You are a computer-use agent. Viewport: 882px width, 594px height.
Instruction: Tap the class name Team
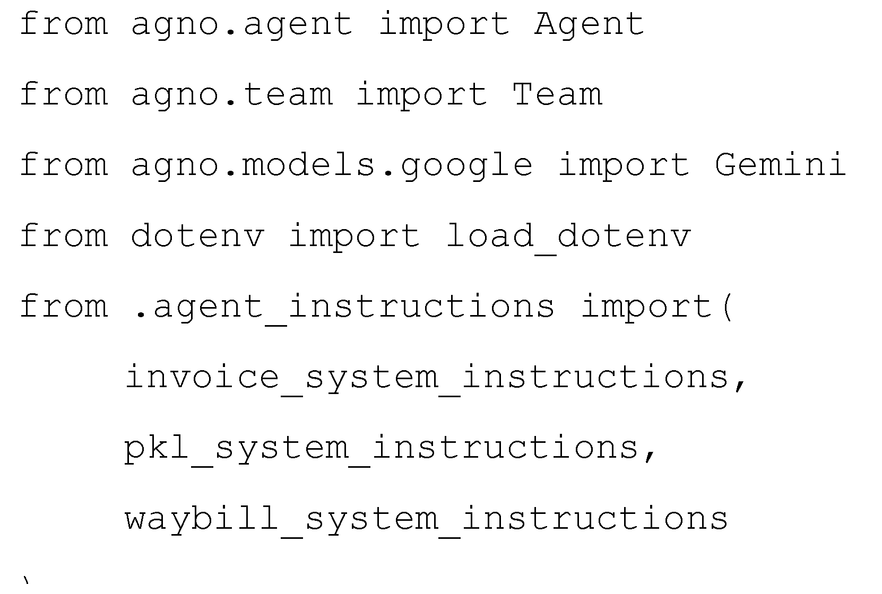click(x=557, y=94)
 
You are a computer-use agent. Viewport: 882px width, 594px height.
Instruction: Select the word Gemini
click(x=780, y=164)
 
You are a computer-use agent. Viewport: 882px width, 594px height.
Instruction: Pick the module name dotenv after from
click(x=197, y=235)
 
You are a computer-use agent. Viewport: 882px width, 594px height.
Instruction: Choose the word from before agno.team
click(x=64, y=94)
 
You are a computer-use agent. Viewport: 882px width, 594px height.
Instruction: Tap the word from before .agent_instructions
click(x=64, y=305)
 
